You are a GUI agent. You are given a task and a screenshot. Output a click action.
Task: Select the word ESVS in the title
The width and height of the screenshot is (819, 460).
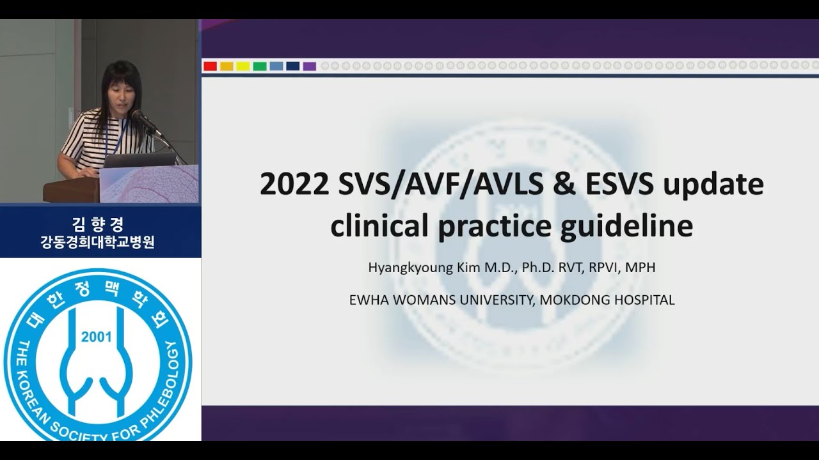[619, 185]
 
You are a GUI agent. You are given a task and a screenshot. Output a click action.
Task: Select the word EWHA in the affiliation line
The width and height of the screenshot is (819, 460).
[367, 300]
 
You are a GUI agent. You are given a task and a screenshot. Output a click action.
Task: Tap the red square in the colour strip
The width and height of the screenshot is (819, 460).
[210, 66]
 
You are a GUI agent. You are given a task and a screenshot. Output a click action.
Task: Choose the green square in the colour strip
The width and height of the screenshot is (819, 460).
[260, 66]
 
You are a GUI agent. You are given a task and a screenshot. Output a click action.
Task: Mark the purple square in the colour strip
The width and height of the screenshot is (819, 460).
[310, 66]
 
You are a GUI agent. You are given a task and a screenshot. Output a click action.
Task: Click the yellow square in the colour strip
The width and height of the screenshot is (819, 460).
[243, 66]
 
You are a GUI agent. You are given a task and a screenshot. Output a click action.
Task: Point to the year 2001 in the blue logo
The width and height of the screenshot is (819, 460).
[97, 337]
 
